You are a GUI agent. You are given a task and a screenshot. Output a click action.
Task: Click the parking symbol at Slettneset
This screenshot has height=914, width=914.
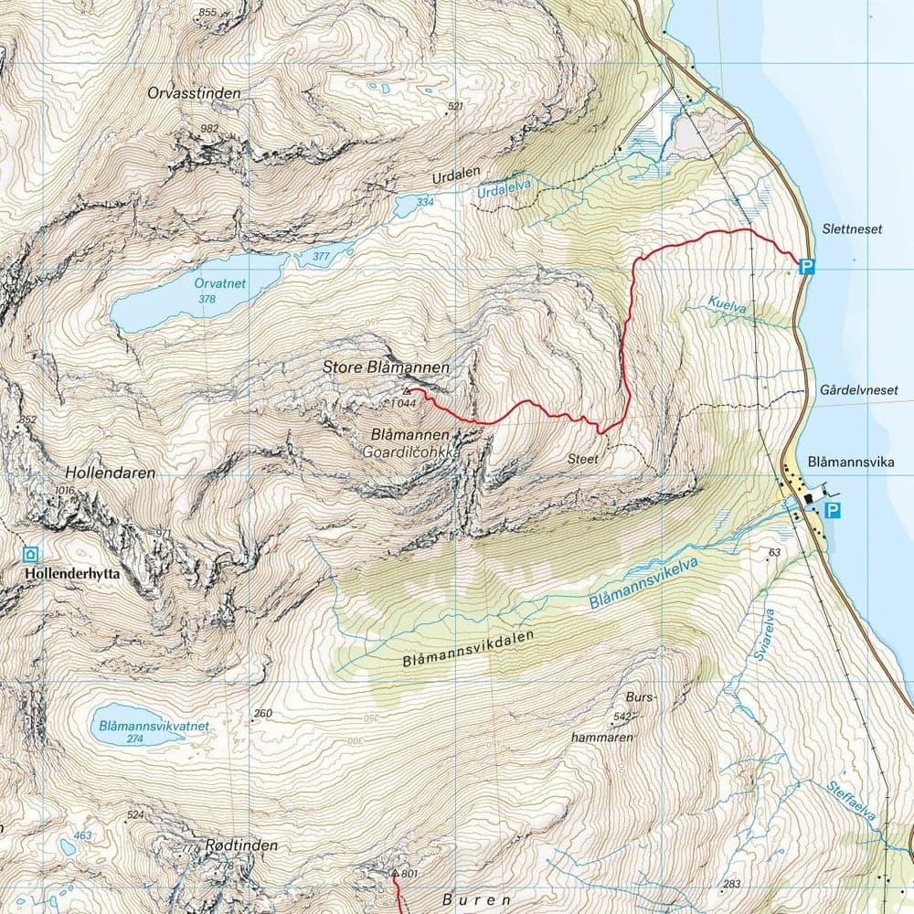pyautogui.click(x=806, y=267)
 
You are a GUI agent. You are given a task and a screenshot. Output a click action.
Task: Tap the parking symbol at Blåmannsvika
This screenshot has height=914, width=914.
pyautogui.click(x=832, y=510)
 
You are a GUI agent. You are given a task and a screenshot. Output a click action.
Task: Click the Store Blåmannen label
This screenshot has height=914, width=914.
pyautogui.click(x=386, y=367)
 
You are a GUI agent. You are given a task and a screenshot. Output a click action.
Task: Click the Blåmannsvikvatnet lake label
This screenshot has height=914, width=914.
pyautogui.click(x=152, y=727)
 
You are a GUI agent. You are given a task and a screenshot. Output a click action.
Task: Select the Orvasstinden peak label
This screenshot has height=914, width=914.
pyautogui.click(x=194, y=93)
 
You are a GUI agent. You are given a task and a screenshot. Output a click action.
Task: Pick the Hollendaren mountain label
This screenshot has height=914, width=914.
pyautogui.click(x=111, y=473)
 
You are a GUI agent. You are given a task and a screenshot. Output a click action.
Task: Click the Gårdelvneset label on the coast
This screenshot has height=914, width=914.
pyautogui.click(x=860, y=390)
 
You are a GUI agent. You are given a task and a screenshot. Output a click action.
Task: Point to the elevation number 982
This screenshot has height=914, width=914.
pyautogui.click(x=209, y=128)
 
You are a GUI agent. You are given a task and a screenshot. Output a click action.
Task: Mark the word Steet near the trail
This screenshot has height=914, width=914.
pyautogui.click(x=582, y=459)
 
